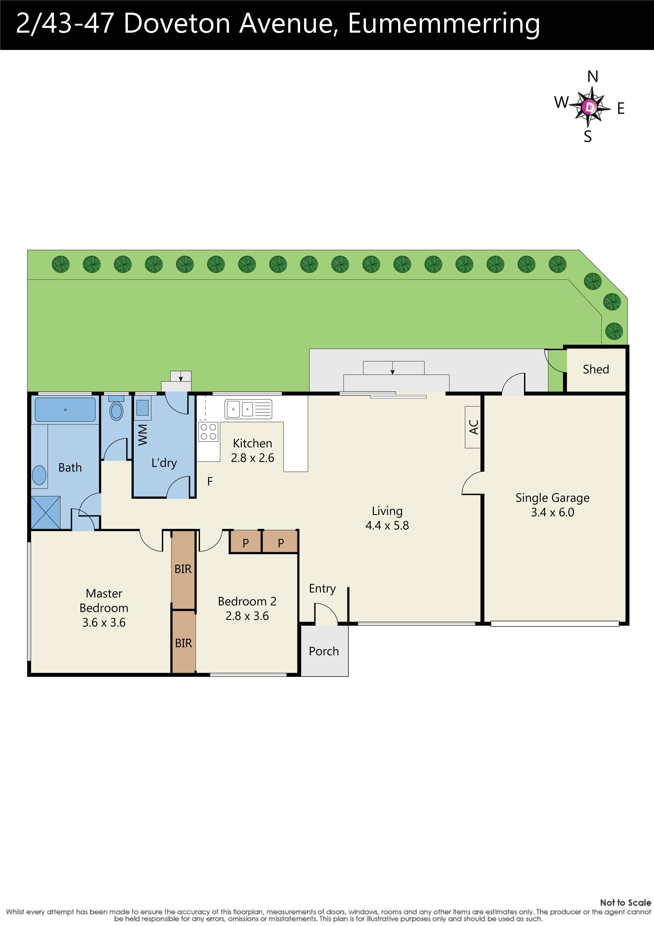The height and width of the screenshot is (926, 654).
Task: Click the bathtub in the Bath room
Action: (x=65, y=410)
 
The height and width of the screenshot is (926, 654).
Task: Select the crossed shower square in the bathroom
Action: (x=46, y=512)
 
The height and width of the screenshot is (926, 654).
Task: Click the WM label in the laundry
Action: (x=143, y=435)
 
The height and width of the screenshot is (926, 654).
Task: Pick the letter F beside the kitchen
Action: (x=209, y=481)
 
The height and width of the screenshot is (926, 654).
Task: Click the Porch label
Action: (x=324, y=651)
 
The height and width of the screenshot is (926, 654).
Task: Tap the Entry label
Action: (x=322, y=589)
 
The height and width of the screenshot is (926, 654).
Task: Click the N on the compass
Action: (x=592, y=77)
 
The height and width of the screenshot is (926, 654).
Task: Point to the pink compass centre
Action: (x=590, y=107)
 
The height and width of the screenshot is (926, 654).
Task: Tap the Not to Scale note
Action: (x=625, y=903)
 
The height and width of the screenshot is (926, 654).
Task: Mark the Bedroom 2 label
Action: (x=247, y=601)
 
